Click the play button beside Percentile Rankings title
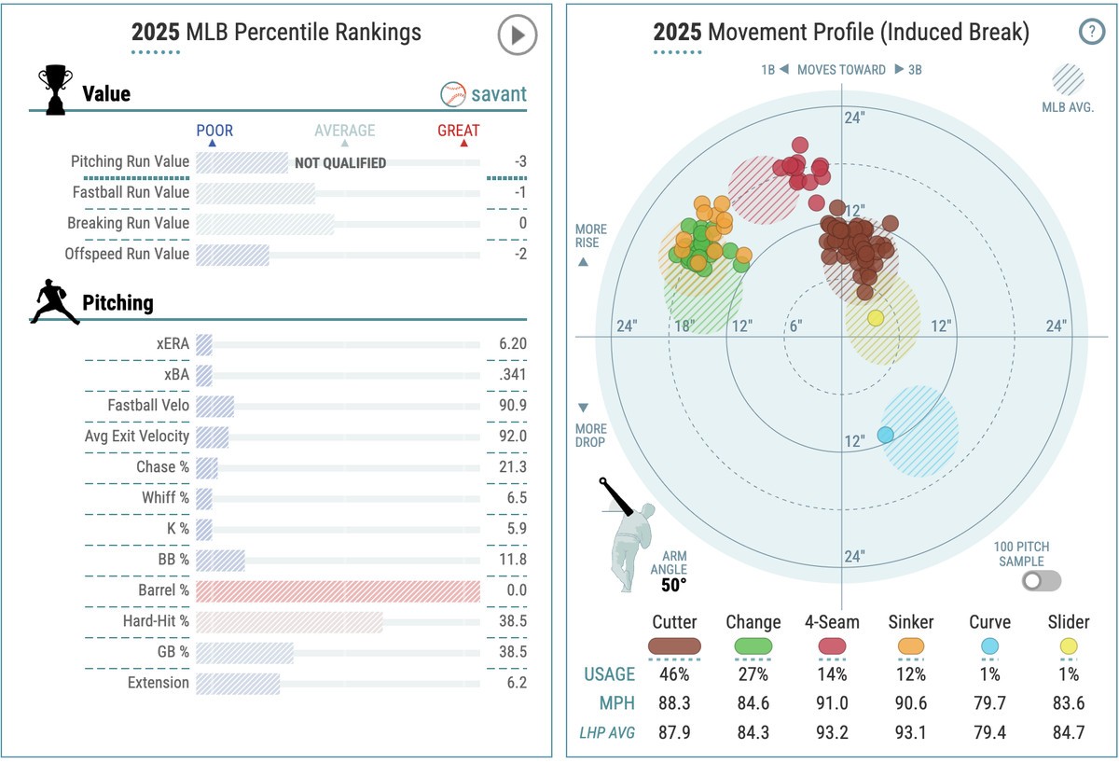tap(517, 35)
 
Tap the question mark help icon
tap(1090, 32)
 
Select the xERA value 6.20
tap(512, 343)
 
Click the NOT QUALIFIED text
tap(340, 162)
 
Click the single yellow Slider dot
tap(876, 318)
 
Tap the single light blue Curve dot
tap(886, 435)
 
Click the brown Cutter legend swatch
tap(674, 645)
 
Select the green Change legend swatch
tap(753, 645)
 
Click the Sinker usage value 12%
tap(910, 674)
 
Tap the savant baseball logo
tap(453, 94)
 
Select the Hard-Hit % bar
tap(289, 621)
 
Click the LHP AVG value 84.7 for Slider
tap(1068, 732)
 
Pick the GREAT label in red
tap(458, 131)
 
